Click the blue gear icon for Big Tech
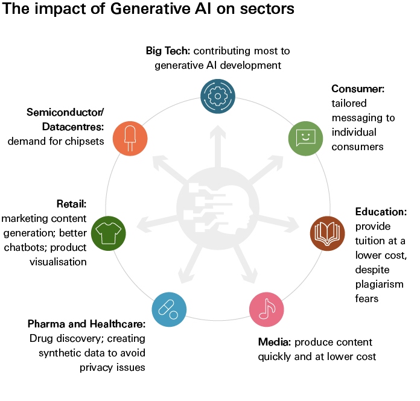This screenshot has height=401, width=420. (x=218, y=96)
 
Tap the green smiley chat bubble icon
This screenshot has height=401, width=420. (x=305, y=139)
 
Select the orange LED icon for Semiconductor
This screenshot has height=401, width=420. (x=130, y=139)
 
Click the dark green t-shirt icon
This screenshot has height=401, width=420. (x=108, y=233)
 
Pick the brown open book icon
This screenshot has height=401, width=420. (x=327, y=233)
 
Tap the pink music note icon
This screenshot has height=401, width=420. (x=267, y=309)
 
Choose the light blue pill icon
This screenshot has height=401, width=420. (x=169, y=309)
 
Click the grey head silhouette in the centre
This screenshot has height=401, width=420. (x=218, y=208)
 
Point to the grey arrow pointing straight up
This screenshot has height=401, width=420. (x=218, y=147)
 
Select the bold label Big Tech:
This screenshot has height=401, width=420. (x=168, y=51)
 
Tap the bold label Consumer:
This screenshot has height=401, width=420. (x=358, y=89)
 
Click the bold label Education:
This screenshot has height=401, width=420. (x=381, y=212)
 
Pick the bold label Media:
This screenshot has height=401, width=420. (x=275, y=342)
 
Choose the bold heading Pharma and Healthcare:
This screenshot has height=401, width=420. (x=86, y=324)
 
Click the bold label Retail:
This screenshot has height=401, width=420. (x=72, y=204)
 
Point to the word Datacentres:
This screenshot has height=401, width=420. (x=73, y=127)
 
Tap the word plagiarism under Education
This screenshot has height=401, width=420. (x=380, y=285)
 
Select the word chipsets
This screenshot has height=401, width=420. (x=84, y=141)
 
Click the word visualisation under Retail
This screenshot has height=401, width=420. (x=58, y=262)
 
